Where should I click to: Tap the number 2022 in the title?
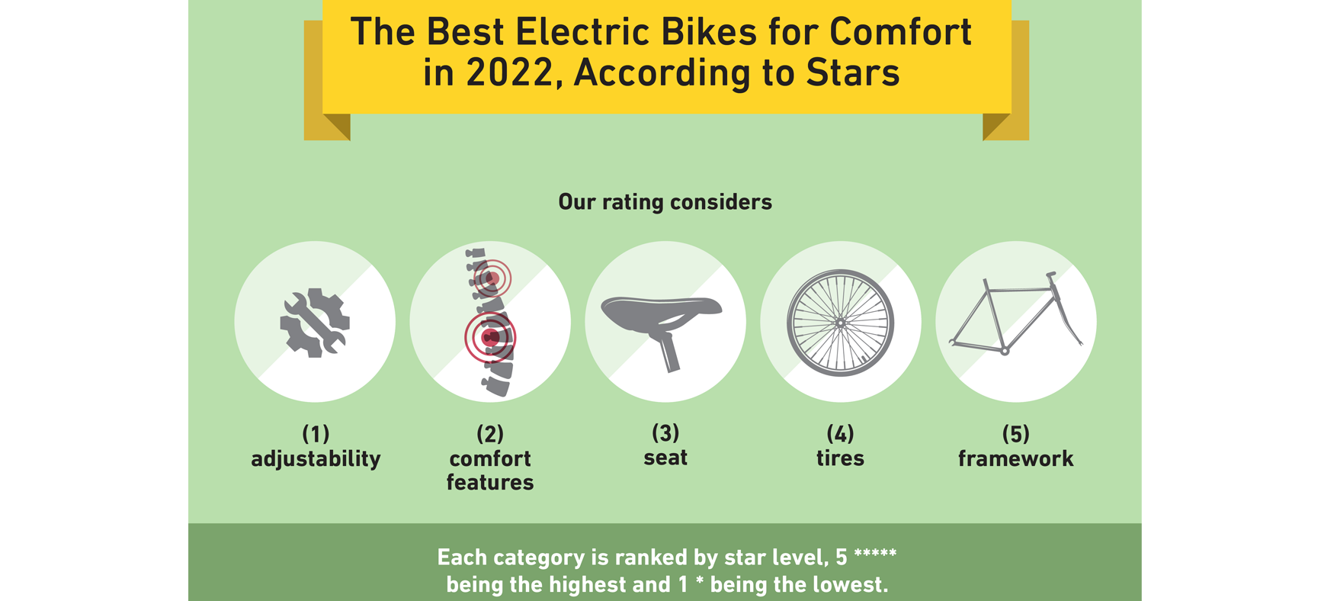tap(509, 73)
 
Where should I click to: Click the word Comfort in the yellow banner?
tap(900, 32)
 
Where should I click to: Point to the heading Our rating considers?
tap(665, 202)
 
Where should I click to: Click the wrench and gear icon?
tap(315, 323)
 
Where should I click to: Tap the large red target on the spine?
tap(491, 337)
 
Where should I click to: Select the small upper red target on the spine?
tap(492, 278)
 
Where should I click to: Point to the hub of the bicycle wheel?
tap(840, 323)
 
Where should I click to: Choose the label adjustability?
tap(316, 458)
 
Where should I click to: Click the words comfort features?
tap(490, 471)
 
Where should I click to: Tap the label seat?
tap(665, 458)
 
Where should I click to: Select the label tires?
tap(840, 458)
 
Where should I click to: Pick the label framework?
tap(1015, 458)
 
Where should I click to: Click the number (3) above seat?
tap(665, 433)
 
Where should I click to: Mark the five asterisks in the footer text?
tap(875, 554)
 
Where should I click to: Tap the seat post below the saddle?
tap(669, 354)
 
